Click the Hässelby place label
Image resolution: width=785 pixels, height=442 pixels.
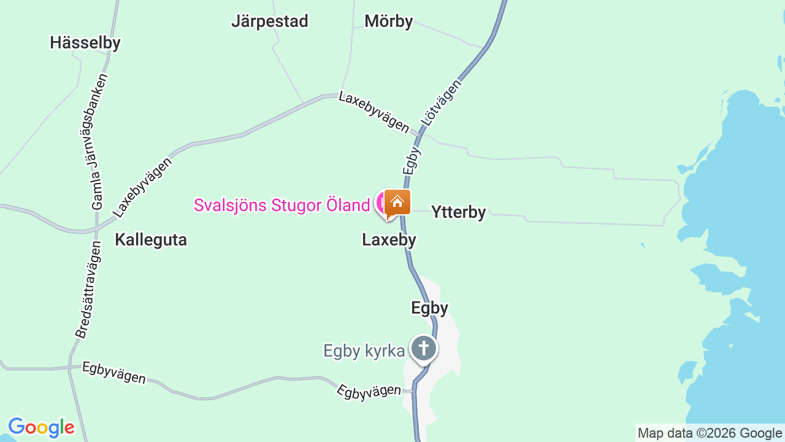click(x=85, y=42)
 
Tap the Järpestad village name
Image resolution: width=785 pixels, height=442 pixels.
click(x=269, y=21)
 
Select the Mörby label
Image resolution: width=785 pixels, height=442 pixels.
click(x=388, y=21)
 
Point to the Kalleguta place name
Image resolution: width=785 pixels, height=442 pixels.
click(x=150, y=240)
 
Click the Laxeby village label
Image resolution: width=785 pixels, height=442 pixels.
click(x=389, y=240)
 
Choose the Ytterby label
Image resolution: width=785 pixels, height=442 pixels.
click(x=458, y=212)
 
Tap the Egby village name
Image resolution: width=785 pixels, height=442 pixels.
click(x=429, y=308)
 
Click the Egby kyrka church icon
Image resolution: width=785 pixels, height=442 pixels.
click(x=423, y=349)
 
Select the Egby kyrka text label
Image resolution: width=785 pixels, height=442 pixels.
click(x=364, y=351)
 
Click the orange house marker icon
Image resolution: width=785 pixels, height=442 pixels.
click(x=397, y=202)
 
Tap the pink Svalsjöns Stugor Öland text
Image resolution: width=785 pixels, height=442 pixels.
click(x=281, y=205)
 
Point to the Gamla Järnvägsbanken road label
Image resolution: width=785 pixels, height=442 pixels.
click(x=99, y=142)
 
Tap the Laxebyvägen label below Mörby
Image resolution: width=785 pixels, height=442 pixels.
click(x=373, y=112)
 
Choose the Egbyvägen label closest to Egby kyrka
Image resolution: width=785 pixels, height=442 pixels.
click(x=369, y=392)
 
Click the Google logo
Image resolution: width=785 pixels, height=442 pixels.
click(x=41, y=427)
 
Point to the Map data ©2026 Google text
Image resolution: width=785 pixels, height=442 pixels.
click(x=710, y=433)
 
